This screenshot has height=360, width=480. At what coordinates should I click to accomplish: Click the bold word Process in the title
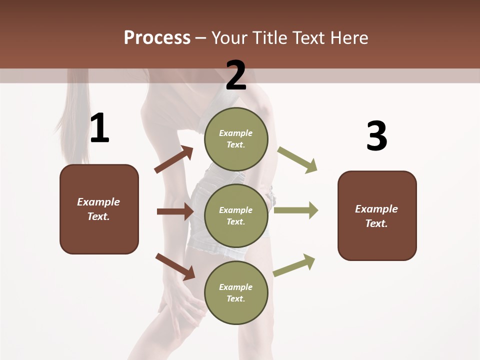(x=157, y=38)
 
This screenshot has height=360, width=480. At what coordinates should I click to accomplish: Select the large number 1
(x=99, y=129)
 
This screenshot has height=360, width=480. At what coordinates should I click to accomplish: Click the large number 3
(x=376, y=136)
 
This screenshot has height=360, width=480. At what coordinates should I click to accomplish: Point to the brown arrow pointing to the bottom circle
(x=175, y=266)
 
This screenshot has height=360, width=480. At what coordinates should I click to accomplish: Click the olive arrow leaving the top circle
(x=297, y=160)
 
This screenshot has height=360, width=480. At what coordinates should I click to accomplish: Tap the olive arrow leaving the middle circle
(x=296, y=210)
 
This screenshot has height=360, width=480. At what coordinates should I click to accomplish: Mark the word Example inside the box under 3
(x=376, y=209)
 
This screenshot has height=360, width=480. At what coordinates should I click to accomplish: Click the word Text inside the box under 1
(x=98, y=217)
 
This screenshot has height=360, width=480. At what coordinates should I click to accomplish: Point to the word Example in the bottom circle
(x=236, y=287)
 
